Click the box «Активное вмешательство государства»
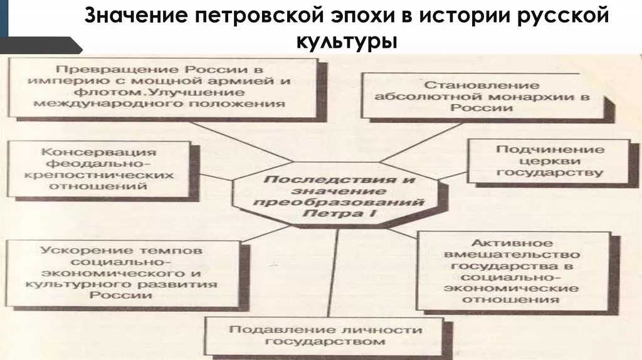pyautogui.click(x=511, y=272)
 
